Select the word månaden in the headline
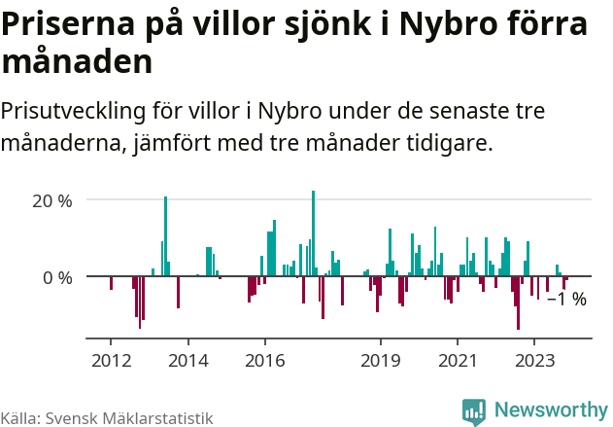[x=77, y=62]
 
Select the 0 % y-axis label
[x=58, y=277]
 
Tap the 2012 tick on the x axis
[x=111, y=361]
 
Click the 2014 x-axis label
[x=187, y=361]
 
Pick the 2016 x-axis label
[x=264, y=361]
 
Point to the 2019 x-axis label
[x=380, y=361]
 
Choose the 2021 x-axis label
[x=457, y=361]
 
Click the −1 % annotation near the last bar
[x=566, y=300]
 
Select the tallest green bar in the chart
[x=313, y=233]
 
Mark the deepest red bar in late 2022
[x=518, y=303]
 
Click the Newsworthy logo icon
[x=474, y=411]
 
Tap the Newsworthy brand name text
[x=550, y=411]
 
